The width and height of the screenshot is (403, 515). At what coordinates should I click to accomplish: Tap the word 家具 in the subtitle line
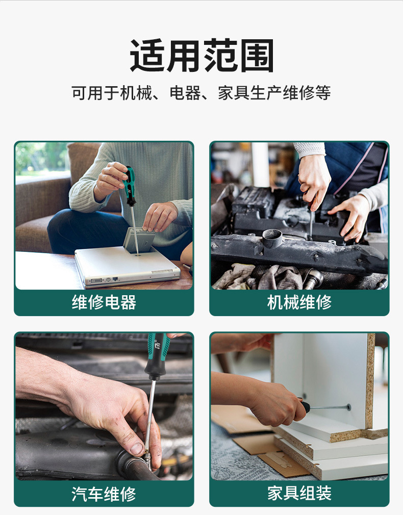click(x=234, y=93)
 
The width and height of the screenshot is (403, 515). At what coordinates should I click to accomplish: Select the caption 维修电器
click(x=104, y=302)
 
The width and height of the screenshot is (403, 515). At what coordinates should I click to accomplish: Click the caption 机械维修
click(x=299, y=302)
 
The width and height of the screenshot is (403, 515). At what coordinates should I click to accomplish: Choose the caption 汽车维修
click(x=104, y=494)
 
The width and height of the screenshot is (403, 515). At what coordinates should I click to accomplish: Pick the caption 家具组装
click(x=299, y=494)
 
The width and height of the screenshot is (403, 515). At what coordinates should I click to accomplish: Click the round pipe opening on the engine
click(x=272, y=237)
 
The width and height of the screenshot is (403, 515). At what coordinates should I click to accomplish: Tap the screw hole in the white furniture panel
click(x=348, y=407)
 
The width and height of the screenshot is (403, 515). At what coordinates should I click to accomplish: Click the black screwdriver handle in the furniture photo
click(x=305, y=407)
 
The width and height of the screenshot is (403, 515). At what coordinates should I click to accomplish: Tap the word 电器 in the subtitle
click(x=185, y=93)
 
